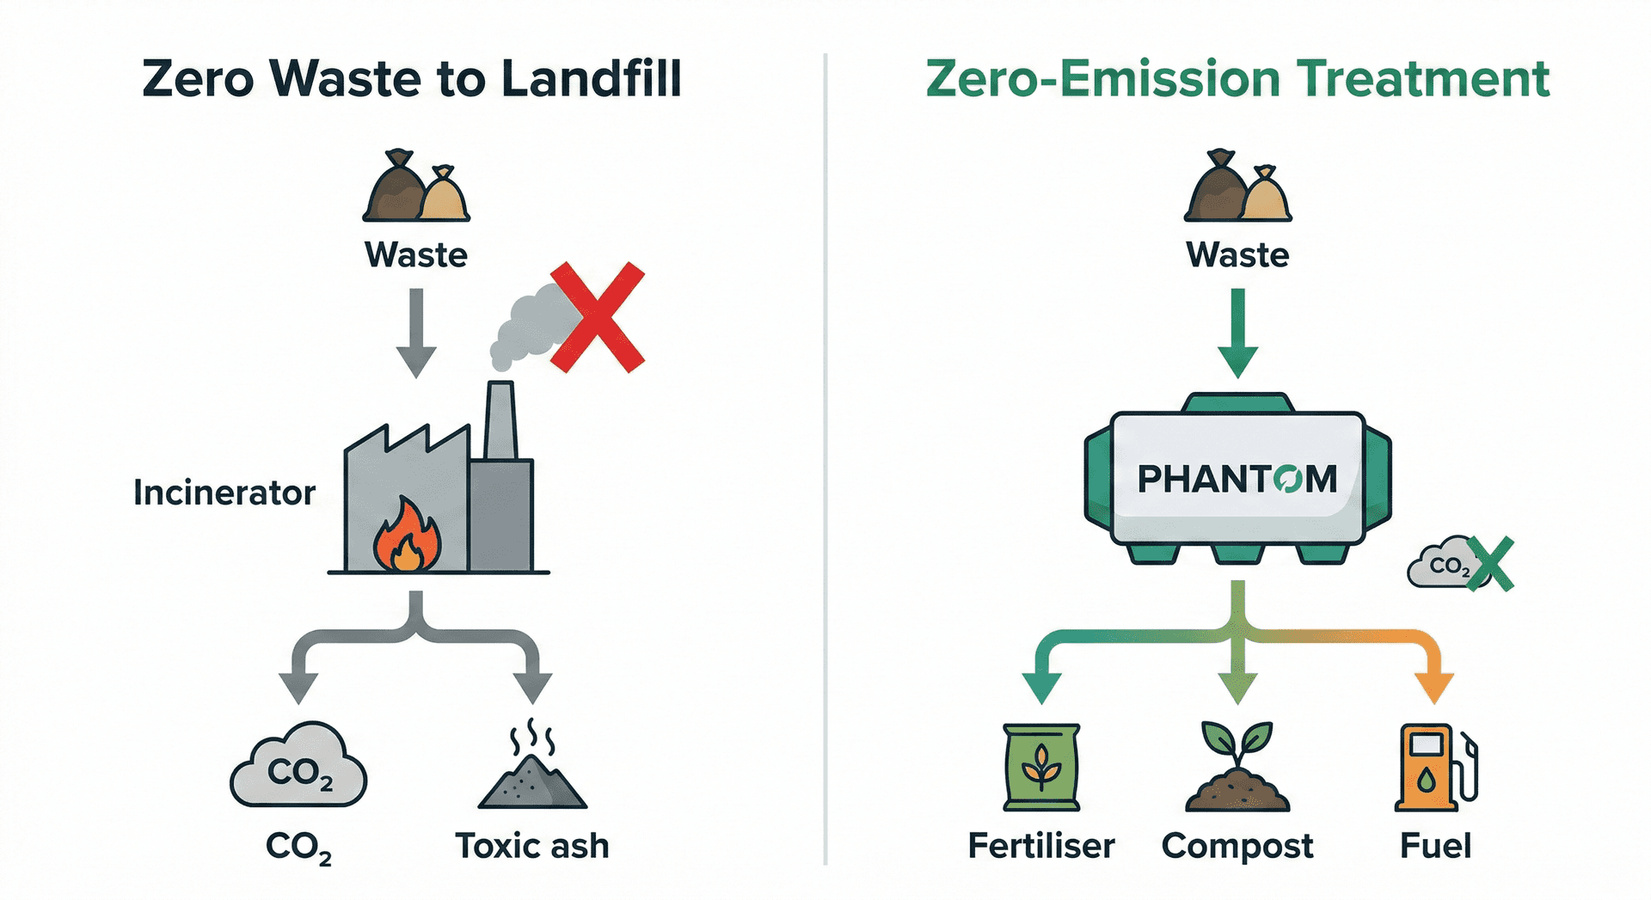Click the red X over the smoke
point(598,317)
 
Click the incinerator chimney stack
point(500,421)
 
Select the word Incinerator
point(224,493)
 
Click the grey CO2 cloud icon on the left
point(298,767)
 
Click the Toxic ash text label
point(531,846)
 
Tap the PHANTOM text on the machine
point(1237,479)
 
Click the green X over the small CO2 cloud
point(1490,564)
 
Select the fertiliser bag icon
point(1041,767)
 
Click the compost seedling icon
point(1237,767)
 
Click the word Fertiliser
point(1040,846)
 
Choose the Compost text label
point(1237,847)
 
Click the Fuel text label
point(1435,846)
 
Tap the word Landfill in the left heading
point(592,79)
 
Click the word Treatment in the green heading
point(1423,79)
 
